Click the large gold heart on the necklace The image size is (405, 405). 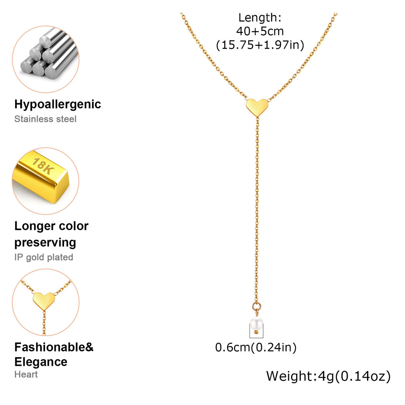257,106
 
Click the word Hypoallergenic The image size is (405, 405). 58,104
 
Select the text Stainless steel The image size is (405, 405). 45,119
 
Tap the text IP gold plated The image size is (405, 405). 44,257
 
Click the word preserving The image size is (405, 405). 45,242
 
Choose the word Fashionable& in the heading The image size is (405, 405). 54,347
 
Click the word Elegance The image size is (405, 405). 41,361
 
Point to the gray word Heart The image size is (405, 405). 26,374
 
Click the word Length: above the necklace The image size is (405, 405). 260,18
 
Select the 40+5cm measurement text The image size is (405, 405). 260,31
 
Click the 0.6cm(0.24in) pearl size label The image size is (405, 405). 255,348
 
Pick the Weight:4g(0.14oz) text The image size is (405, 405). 328,376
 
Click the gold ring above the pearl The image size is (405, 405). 255,306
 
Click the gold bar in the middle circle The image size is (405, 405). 44,176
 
